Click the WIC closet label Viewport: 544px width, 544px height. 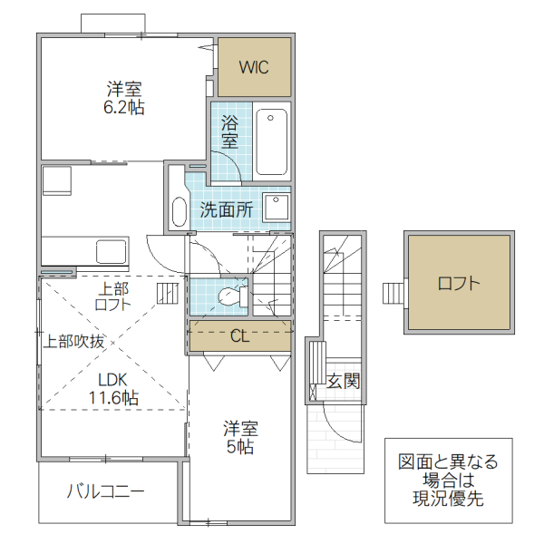coord(254,67)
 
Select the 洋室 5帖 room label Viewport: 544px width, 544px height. coord(240,437)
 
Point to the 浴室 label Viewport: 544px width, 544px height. coord(229,131)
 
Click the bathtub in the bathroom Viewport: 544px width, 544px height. coord(271,141)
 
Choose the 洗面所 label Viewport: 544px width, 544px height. coord(227,209)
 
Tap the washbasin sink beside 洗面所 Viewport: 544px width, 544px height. coord(276,206)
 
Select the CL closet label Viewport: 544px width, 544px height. coord(239,336)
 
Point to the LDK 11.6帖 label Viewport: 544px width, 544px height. coord(113,388)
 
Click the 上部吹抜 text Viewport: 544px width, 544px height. coord(75,342)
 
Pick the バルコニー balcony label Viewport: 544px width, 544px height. coord(105,492)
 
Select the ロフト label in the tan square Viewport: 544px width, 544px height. coord(458,282)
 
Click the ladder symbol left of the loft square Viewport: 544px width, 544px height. coord(393,294)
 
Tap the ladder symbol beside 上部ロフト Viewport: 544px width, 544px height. coord(168,293)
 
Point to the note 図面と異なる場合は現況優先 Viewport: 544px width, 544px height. coord(448,481)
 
